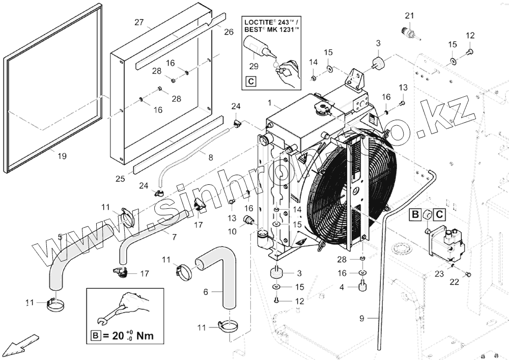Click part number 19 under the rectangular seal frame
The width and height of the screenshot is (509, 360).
point(62,156)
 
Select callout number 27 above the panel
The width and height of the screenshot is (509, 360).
point(139,22)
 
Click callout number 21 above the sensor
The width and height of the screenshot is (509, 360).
point(408,16)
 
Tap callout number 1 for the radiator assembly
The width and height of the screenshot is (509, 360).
point(270,103)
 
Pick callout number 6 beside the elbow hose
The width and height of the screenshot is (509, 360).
point(206,292)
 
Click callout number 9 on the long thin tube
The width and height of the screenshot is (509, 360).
point(362,318)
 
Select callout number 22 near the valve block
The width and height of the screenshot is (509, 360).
point(456,281)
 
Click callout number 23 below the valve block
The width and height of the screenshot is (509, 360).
point(439,273)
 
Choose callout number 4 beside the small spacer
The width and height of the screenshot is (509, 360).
point(342,287)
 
